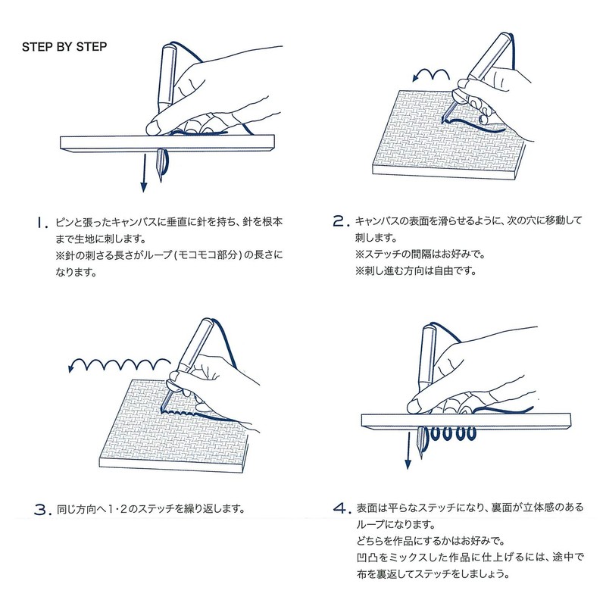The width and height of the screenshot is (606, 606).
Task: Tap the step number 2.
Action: click(x=341, y=222)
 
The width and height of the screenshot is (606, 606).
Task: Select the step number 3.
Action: click(x=41, y=509)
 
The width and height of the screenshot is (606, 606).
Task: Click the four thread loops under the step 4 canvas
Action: click(x=455, y=436)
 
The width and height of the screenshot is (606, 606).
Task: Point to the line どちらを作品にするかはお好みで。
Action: click(x=429, y=540)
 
